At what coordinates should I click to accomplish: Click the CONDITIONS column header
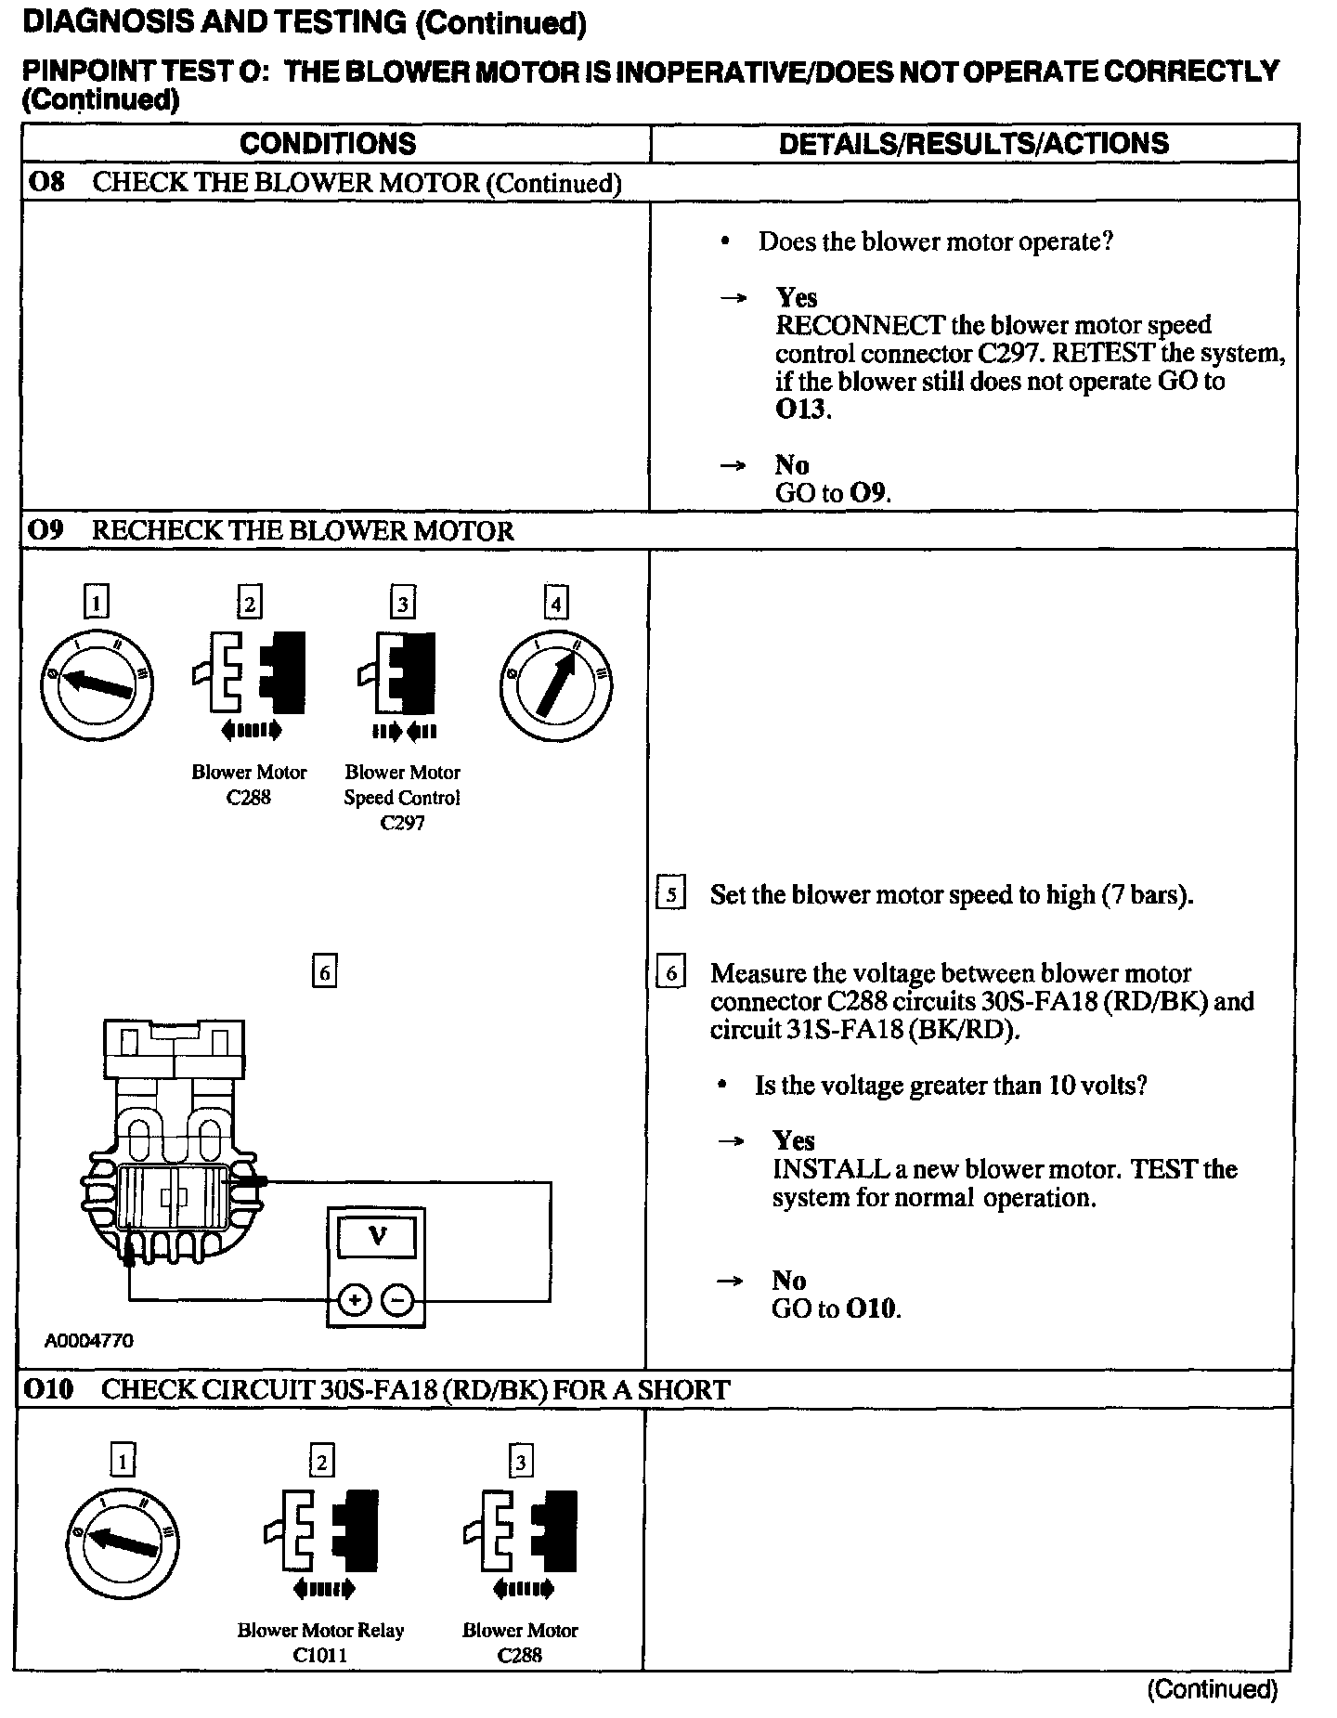pos(328,144)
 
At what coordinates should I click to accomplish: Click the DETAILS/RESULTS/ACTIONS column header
pos(973,144)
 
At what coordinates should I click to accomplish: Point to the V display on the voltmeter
pos(377,1237)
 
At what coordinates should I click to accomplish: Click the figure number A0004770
pos(88,1341)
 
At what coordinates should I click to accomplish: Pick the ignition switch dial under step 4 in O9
pos(555,685)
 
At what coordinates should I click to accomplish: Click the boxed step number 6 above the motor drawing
pos(324,972)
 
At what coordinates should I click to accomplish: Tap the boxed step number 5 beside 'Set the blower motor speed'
pos(670,895)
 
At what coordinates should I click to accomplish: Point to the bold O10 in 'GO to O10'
pos(872,1309)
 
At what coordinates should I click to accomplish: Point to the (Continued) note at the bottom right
pos(1213,1689)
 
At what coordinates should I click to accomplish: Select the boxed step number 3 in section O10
pos(521,1463)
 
